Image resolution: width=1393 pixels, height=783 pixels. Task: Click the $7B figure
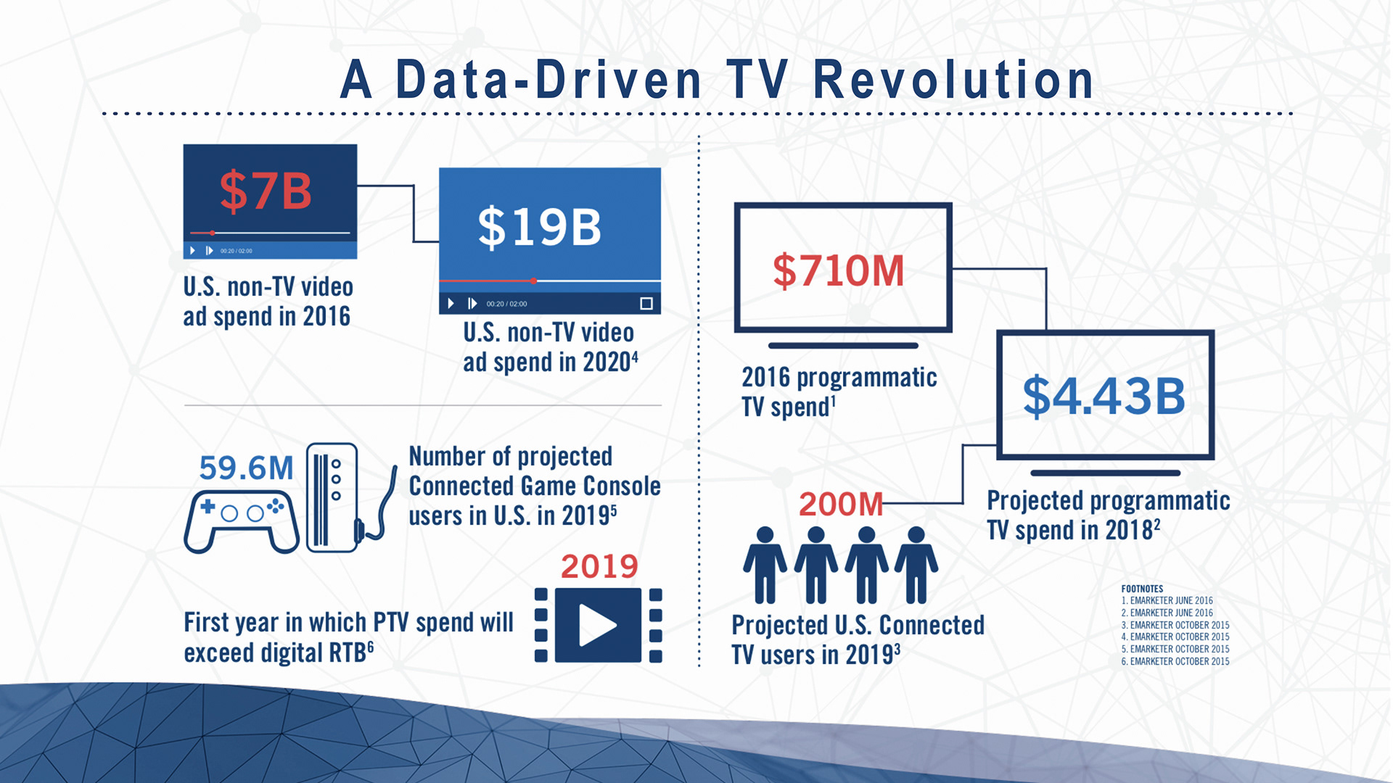pos(266,191)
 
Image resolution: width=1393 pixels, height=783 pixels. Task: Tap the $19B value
pos(540,227)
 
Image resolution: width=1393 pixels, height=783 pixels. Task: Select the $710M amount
pos(839,270)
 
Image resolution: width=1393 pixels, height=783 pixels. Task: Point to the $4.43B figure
pos(1104,396)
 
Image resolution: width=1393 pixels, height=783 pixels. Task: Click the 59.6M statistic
pos(246,468)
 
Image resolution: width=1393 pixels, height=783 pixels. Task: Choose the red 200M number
pos(841,505)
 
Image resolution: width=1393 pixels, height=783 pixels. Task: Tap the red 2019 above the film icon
pos(599,566)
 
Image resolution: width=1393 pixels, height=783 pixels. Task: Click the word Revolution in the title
pos(953,80)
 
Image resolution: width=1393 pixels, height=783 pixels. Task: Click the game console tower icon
pos(332,497)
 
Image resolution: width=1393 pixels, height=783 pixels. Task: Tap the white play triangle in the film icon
pos(596,625)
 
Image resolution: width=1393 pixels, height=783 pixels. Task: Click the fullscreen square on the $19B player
pos(646,304)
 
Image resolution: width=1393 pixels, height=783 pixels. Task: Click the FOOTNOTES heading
pos(1142,589)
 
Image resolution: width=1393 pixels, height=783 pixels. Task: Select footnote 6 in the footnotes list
pos(1175,661)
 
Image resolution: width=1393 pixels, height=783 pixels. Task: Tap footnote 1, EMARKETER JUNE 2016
pos(1167,600)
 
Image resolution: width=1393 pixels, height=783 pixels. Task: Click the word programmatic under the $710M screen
pos(867,378)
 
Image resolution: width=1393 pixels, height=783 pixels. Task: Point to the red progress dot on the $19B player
pos(533,281)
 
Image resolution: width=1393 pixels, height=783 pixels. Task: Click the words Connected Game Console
pos(535,486)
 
